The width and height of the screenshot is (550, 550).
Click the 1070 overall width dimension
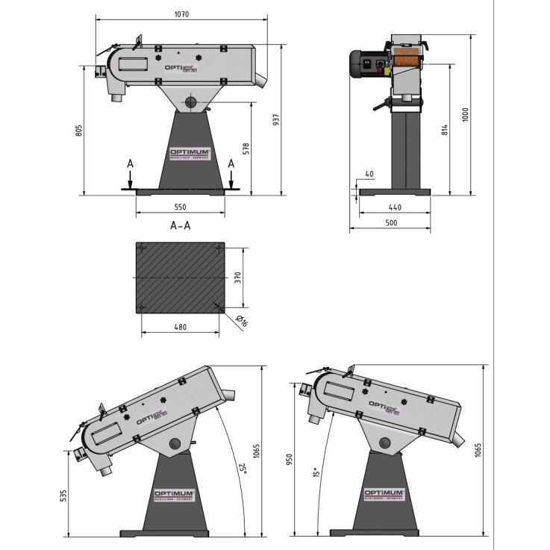pyautogui.click(x=181, y=13)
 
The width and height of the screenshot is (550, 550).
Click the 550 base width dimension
pyautogui.click(x=180, y=207)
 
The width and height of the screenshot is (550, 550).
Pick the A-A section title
pyautogui.click(x=181, y=225)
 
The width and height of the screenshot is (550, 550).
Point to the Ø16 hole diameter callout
pyautogui.click(x=240, y=322)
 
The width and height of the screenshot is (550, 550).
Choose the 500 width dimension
pyautogui.click(x=390, y=222)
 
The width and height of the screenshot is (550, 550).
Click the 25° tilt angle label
pyautogui.click(x=242, y=468)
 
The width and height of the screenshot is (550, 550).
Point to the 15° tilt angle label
pyautogui.click(x=316, y=472)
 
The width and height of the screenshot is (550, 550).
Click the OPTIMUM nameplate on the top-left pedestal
pyautogui.click(x=191, y=152)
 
